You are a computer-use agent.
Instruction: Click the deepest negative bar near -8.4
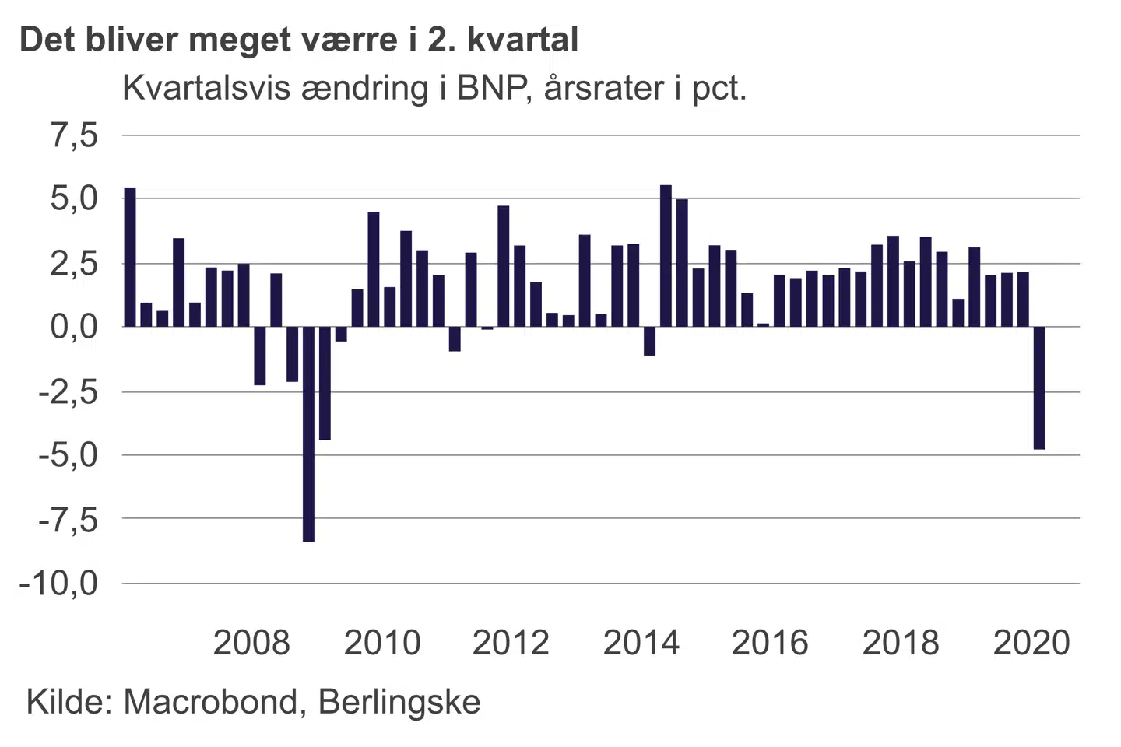[308, 433]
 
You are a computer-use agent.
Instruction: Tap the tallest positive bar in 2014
[666, 256]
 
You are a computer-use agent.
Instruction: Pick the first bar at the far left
[130, 257]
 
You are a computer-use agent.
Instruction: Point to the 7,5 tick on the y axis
[75, 135]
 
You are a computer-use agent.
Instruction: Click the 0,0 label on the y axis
[75, 327]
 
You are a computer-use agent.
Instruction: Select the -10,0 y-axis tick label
[60, 583]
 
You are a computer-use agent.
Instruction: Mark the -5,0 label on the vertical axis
[69, 455]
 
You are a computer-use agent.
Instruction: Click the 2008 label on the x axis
[251, 643]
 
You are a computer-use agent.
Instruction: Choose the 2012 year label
[511, 643]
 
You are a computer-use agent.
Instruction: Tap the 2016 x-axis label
[770, 643]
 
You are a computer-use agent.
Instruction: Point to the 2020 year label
[1031, 643]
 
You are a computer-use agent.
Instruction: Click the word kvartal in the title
[522, 40]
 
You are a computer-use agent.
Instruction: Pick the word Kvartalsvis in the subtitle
[208, 89]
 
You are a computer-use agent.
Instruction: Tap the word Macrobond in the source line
[209, 702]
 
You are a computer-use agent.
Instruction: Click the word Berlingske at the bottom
[399, 702]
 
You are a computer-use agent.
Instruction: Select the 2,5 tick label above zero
[75, 263]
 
